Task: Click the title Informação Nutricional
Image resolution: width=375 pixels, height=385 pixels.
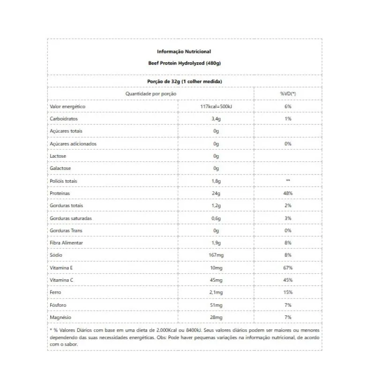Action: (184, 51)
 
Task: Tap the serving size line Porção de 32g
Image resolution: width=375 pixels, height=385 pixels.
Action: (184, 81)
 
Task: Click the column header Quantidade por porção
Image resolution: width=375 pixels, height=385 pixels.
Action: (150, 94)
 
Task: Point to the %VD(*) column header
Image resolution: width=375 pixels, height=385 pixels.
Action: (288, 94)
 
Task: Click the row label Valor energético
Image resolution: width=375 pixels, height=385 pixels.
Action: (67, 107)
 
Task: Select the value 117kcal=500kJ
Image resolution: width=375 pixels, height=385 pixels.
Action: (216, 107)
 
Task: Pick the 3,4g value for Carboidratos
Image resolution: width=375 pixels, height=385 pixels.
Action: (216, 119)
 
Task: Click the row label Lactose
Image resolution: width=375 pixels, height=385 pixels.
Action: (58, 156)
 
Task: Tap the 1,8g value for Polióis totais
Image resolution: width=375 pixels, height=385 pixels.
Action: (216, 181)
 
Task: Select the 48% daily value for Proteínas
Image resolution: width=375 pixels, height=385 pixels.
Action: (288, 193)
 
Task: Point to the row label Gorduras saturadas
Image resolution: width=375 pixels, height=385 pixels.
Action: (71, 218)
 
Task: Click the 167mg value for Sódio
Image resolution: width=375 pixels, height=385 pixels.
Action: (216, 255)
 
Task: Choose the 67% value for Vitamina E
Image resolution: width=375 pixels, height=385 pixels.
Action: (288, 268)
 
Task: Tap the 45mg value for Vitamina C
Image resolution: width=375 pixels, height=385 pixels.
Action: (216, 280)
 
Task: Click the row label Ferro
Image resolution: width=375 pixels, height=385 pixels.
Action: (55, 292)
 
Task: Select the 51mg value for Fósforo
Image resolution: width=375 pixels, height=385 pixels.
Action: (216, 305)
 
